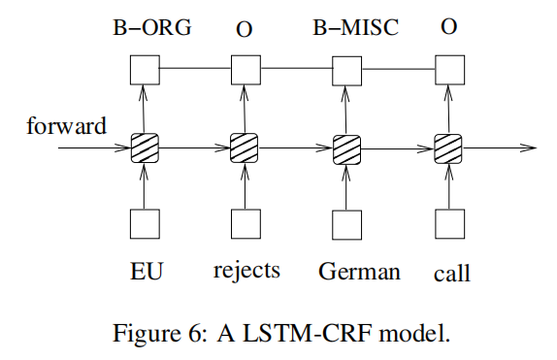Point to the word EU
click(144, 271)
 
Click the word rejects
click(246, 271)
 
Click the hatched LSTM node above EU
click(144, 149)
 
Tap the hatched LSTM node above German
click(346, 149)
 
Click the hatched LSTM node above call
click(447, 149)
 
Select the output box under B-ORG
click(144, 69)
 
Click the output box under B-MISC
click(346, 69)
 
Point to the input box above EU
click(144, 224)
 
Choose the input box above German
click(346, 224)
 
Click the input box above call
click(447, 224)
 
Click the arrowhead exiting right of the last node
click(529, 149)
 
